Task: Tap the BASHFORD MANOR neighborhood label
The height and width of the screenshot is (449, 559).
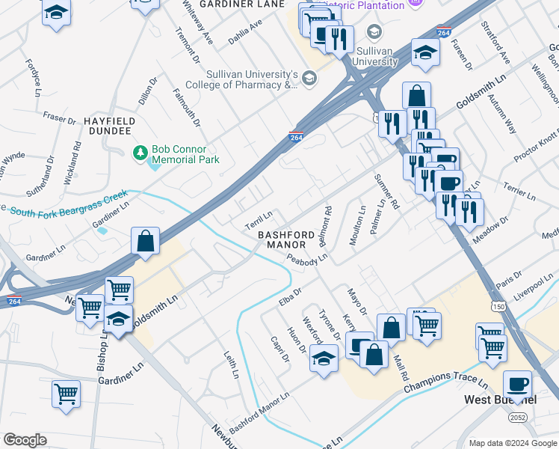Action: [282, 239]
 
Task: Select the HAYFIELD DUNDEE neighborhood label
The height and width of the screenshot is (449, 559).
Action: [109, 126]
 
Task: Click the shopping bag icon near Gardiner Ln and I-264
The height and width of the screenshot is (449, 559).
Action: [146, 242]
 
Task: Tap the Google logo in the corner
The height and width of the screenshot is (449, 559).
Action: [25, 440]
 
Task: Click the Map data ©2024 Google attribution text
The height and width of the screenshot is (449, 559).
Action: [512, 443]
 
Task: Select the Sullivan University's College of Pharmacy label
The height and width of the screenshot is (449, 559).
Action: [253, 80]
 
